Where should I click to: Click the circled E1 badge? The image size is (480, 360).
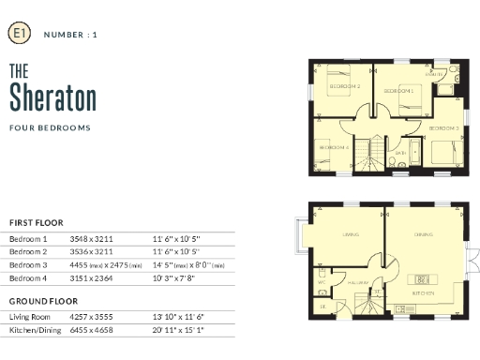coord(18,34)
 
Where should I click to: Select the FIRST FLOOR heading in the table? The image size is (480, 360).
coord(36,222)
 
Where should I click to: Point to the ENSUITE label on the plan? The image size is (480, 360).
coord(435,74)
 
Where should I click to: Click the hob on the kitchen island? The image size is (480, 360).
coord(422,278)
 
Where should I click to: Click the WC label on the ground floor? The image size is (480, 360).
coord(322,281)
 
